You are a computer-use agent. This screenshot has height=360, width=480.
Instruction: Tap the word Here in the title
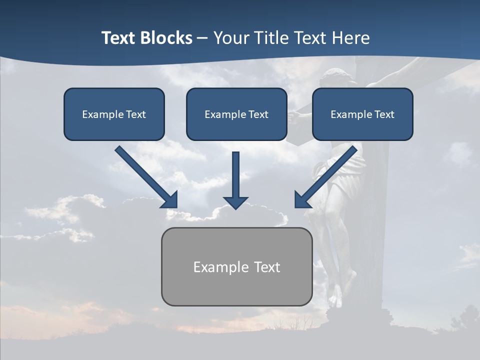point(349,38)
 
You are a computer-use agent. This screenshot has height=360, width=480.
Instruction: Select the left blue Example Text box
point(114,114)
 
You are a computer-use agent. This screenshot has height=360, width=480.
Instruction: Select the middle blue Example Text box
point(236,114)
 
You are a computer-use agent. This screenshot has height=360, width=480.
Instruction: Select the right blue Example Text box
point(362,114)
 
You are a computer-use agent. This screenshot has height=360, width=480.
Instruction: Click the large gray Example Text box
point(236,266)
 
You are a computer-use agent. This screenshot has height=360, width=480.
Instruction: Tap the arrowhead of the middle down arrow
point(235,201)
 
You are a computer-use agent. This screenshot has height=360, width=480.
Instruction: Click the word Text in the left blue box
point(135,114)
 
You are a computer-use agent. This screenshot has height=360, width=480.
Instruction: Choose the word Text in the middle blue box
point(258,114)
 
